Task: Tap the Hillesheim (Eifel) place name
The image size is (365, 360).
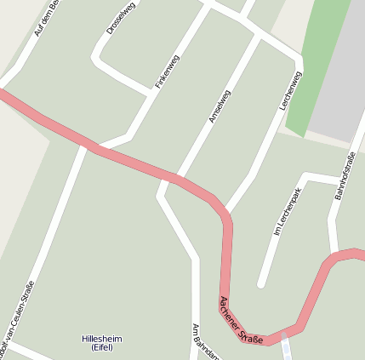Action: pyautogui.click(x=102, y=342)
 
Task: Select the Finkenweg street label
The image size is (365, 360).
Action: pyautogui.click(x=168, y=71)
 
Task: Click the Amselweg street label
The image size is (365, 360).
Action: pyautogui.click(x=220, y=106)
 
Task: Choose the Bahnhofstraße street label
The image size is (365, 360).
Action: pyautogui.click(x=344, y=174)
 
